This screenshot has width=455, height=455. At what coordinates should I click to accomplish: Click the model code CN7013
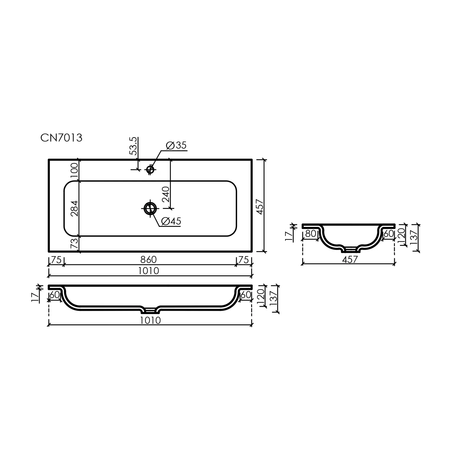coord(61,138)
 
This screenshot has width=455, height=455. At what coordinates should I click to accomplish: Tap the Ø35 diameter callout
coord(176,145)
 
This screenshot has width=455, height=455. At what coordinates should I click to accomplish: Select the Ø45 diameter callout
coord(171,221)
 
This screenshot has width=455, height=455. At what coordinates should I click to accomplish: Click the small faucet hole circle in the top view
coord(150,169)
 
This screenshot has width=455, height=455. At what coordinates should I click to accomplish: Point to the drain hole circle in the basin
coord(150,208)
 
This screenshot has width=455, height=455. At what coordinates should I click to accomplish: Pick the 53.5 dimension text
coord(134,146)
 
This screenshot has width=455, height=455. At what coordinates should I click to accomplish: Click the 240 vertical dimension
coord(166,194)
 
